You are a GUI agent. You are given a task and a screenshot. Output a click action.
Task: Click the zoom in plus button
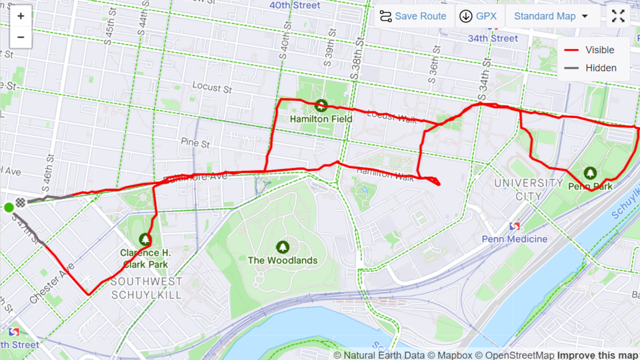[x=21, y=16]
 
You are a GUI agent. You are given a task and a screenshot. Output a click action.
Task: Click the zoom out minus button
[x=21, y=37]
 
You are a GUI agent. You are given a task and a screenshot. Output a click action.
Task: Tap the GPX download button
[x=478, y=16]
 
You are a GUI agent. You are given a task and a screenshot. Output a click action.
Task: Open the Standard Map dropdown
[x=550, y=16]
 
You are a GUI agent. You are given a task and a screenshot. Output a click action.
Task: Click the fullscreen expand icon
[x=618, y=16]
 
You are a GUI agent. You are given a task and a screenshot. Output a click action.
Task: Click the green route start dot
[x=9, y=207]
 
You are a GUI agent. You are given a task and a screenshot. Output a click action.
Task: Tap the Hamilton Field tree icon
[x=321, y=106]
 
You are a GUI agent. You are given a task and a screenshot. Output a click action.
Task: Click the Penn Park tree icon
[x=590, y=173]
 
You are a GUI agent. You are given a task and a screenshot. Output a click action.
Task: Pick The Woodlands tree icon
[x=283, y=247]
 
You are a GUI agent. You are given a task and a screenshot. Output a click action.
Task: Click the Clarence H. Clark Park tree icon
[x=144, y=239]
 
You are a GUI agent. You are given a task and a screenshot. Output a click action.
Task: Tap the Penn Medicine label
[x=515, y=239]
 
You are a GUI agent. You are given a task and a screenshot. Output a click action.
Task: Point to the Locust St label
[x=212, y=86]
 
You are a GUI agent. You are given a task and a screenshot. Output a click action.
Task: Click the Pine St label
[x=196, y=143]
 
